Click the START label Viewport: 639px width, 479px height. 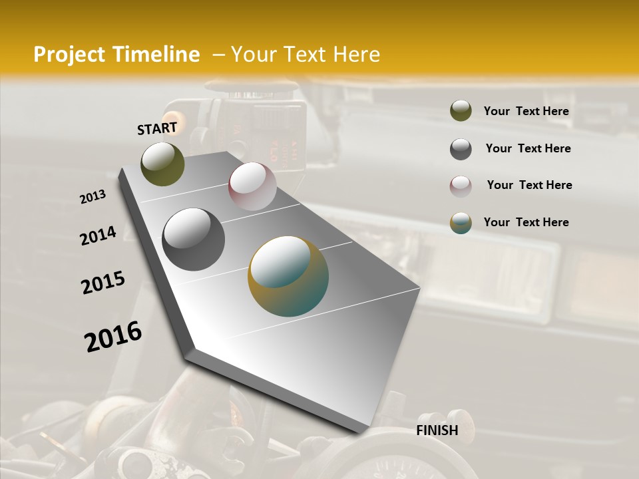pos(157,128)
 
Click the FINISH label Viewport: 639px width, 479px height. pos(437,430)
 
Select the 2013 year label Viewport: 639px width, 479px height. pos(93,197)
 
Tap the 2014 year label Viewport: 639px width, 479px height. pos(98,236)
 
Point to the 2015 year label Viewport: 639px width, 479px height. pos(103,283)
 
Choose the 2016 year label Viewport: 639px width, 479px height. pos(113,336)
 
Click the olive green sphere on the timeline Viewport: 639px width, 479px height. pos(162,164)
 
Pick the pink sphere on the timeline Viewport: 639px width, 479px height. pos(252,186)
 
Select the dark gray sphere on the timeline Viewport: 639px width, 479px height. pos(193,239)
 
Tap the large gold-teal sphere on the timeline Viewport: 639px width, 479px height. pos(288,275)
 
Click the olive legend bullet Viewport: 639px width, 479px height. pos(461,110)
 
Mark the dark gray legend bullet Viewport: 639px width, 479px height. pos(461,149)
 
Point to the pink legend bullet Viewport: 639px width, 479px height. pos(461,186)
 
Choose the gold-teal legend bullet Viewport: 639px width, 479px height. pos(461,224)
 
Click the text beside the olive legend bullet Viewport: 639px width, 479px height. pos(526,111)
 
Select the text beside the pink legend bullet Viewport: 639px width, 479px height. pos(529,185)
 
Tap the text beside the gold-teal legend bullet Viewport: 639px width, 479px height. pos(526,222)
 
